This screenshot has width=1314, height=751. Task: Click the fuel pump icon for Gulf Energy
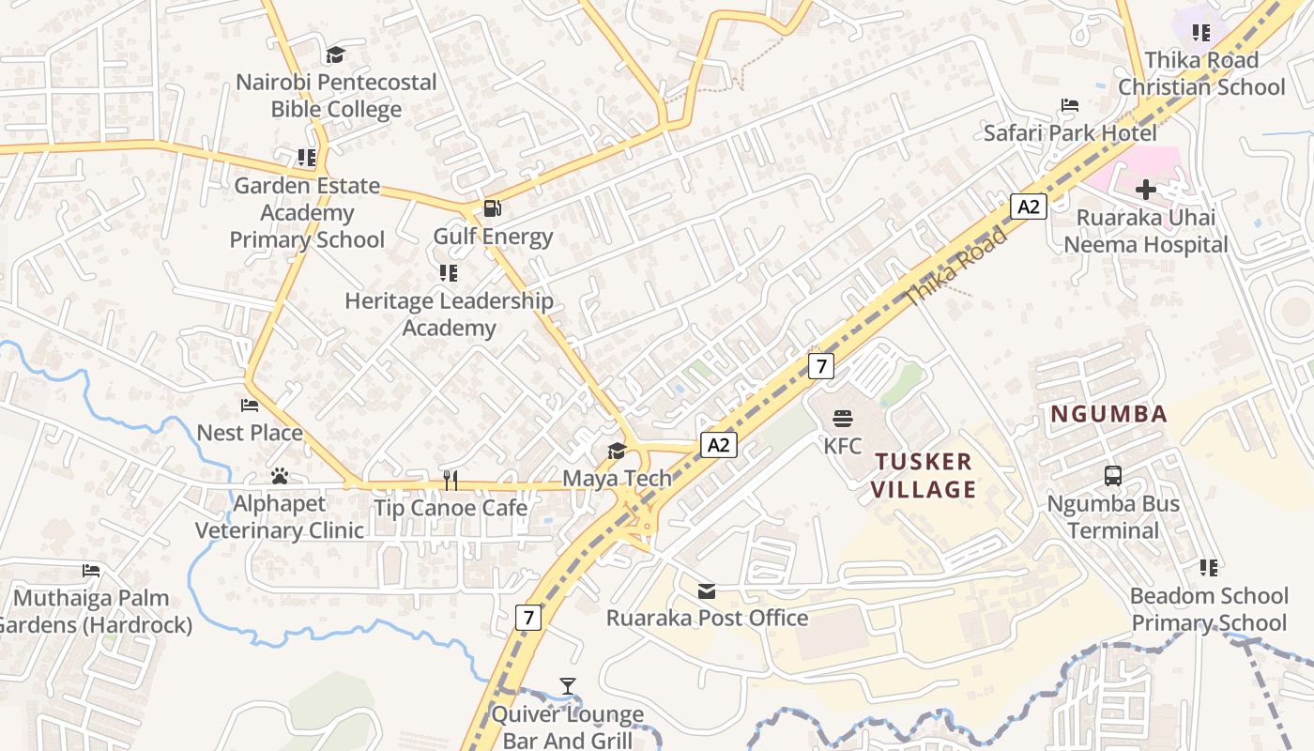pos(492,208)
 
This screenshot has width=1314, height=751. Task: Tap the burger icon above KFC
pos(842,419)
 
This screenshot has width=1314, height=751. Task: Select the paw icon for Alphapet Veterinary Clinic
pos(279,476)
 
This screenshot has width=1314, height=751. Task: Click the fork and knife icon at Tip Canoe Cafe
pos(451,481)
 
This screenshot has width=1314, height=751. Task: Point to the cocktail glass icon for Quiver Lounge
pos(568,686)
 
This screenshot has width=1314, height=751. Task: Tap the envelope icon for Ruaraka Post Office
pos(707,590)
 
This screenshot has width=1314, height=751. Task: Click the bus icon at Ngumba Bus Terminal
pos(1113,476)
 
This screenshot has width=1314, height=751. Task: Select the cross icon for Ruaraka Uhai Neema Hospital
pos(1145,190)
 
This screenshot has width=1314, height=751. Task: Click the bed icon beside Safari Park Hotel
pos(1069,105)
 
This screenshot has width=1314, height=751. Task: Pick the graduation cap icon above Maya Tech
pos(617,451)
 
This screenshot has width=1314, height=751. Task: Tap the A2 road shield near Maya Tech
pos(718,445)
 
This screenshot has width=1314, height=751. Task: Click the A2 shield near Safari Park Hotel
pos(1029,207)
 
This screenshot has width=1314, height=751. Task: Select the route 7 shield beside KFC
pos(821,366)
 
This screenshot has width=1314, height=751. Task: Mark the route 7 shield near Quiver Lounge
pos(529,618)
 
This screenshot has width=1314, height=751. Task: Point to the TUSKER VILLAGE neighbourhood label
pos(924,475)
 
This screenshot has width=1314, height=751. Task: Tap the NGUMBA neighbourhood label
pos(1108,414)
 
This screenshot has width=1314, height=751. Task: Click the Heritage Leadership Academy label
pos(449,314)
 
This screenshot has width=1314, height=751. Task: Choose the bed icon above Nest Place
pos(250,406)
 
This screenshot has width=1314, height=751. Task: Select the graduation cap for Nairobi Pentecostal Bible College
pos(335,55)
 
